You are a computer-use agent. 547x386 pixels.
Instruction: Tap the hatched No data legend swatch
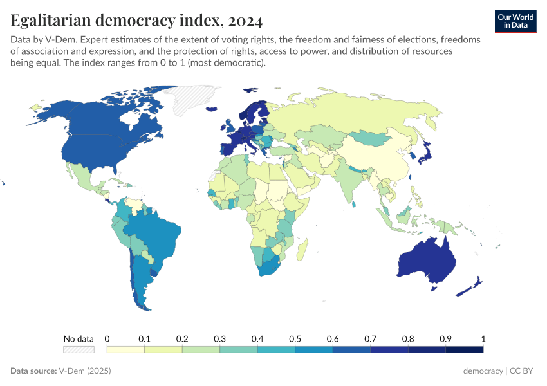(x=79, y=349)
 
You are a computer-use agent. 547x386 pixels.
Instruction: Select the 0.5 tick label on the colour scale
(x=295, y=338)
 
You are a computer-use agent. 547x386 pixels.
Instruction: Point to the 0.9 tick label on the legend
(x=445, y=338)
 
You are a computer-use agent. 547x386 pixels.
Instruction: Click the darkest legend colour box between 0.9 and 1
(x=464, y=349)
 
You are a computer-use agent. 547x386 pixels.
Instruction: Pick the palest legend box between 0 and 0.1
(x=125, y=349)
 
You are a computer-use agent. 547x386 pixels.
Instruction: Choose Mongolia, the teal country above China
(x=371, y=138)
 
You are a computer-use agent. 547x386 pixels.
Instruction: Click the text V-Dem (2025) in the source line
(x=85, y=371)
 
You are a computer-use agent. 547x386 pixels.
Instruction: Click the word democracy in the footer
(x=483, y=371)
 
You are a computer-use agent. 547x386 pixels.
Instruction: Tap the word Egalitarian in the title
(x=51, y=21)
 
